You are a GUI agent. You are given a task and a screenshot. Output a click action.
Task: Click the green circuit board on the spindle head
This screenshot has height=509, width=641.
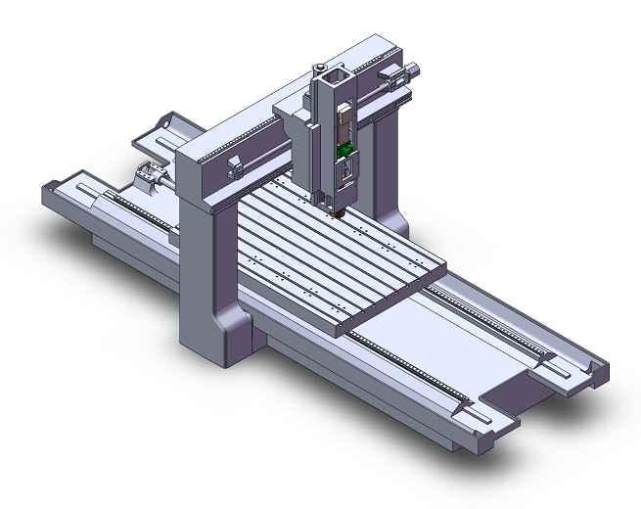point(344,150)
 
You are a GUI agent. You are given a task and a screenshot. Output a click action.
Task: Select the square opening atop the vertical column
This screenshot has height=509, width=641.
point(335,75)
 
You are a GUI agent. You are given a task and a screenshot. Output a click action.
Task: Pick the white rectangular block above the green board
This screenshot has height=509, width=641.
point(344,122)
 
